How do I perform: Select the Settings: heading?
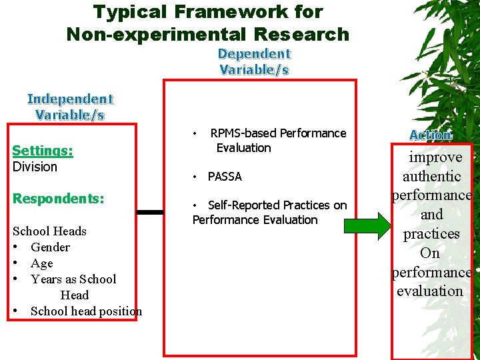43,151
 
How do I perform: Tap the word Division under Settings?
35,167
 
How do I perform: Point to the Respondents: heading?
58,199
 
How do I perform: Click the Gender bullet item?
50,247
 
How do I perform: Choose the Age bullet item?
41,263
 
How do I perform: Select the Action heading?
430,135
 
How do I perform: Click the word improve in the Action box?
435,157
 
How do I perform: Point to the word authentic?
431,177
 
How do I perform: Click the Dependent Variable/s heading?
254,61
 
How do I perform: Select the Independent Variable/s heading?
70,107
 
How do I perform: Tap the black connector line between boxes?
150,212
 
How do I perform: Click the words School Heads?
50,231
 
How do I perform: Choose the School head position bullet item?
86,311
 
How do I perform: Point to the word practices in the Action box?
431,234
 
